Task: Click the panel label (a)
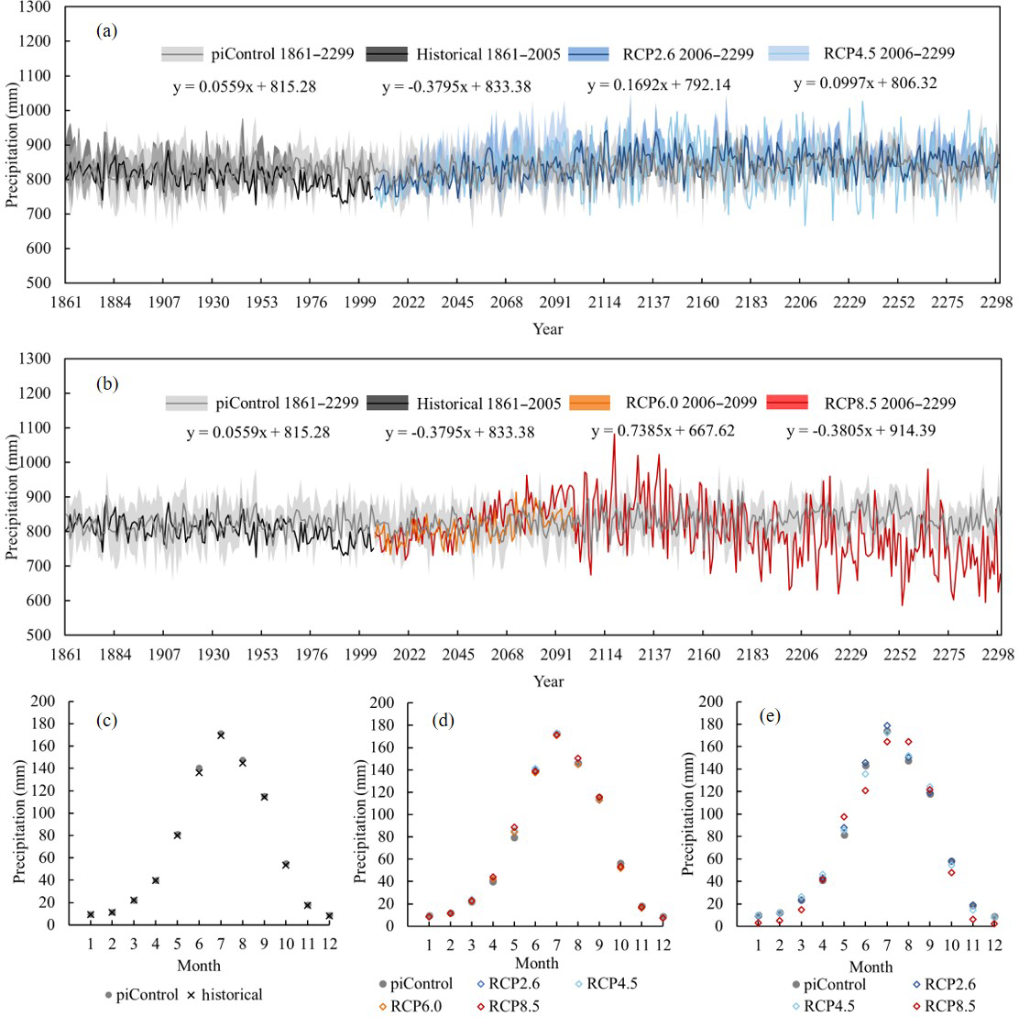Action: click(x=107, y=31)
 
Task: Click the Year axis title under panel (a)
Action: click(x=548, y=328)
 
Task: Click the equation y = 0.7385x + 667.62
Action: click(x=663, y=430)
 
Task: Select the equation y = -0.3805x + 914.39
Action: click(x=860, y=430)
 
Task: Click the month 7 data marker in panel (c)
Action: click(x=220, y=735)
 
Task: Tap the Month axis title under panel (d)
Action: click(x=536, y=963)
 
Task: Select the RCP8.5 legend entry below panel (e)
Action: click(x=949, y=1006)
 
